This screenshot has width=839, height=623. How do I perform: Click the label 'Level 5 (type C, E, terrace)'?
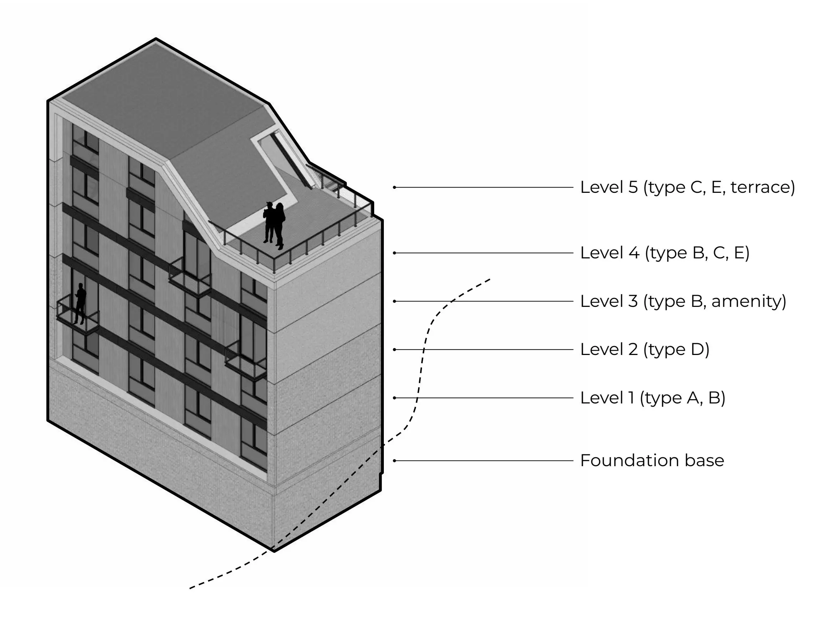687,187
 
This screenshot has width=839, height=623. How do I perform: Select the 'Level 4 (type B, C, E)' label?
664,253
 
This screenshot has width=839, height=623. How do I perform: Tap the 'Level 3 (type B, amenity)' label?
683,301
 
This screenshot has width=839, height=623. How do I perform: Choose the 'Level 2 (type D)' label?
644,350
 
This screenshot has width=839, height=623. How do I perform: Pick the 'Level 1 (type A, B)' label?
652,398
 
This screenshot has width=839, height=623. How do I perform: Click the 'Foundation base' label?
652,460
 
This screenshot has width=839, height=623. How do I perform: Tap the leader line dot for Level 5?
395,187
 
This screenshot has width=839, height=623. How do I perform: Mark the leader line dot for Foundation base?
395,460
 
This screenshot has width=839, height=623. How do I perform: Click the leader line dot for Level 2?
395,350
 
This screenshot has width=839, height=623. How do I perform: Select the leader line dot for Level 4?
395,253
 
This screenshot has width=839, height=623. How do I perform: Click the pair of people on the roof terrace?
274,225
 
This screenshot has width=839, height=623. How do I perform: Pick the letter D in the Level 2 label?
697,350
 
